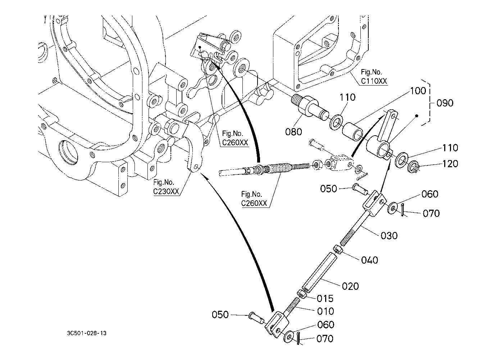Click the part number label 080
point(293,132)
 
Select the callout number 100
point(418,91)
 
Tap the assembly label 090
point(445,103)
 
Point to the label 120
point(450,164)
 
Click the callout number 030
point(389,236)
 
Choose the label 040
point(369,260)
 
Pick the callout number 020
point(350,286)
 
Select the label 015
point(325,299)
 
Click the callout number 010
point(326,311)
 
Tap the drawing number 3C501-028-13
point(87,333)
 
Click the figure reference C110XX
point(374,81)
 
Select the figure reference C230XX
point(166,192)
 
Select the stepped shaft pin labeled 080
point(309,107)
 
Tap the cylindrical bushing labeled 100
point(352,132)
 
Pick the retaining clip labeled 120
point(412,167)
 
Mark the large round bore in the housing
point(68,152)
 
